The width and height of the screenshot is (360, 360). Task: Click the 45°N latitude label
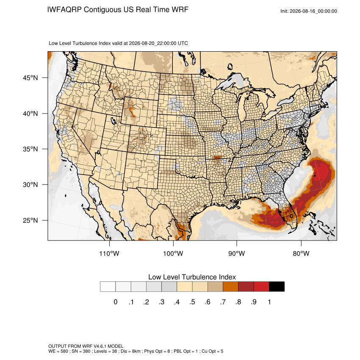click(x=30, y=78)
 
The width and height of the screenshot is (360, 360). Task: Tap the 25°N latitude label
click(x=30, y=220)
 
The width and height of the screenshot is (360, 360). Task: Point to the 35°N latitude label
click(x=30, y=149)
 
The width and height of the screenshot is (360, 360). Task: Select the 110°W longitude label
click(x=109, y=253)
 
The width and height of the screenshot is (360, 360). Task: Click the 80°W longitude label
click(x=301, y=253)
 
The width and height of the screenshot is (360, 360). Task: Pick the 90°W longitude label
click(x=236, y=253)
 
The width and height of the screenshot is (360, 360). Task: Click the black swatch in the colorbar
click(x=277, y=287)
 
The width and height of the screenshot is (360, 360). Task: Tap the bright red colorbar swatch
click(x=261, y=287)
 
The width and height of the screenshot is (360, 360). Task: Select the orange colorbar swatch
click(x=230, y=287)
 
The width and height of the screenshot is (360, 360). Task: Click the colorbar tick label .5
click(x=192, y=302)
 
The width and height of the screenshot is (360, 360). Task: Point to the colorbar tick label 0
click(x=116, y=302)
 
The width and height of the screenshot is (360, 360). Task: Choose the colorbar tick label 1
click(x=269, y=302)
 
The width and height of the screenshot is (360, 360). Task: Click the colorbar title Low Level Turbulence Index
click(x=192, y=277)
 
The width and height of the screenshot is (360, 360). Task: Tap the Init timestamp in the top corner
click(x=309, y=11)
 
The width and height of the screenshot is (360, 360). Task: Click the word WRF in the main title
click(x=180, y=10)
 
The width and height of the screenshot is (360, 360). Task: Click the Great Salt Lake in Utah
click(x=113, y=120)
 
